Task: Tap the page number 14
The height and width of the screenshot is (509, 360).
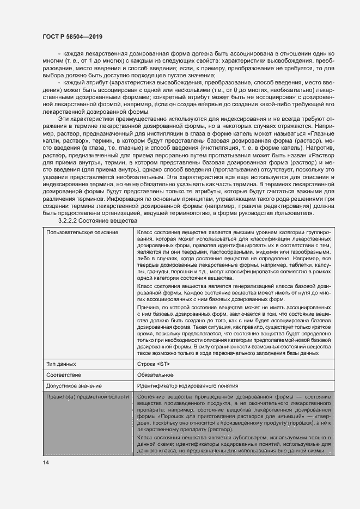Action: (x=45, y=462)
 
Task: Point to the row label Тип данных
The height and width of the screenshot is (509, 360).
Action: (x=61, y=364)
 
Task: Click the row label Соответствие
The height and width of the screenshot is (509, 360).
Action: (x=64, y=375)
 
